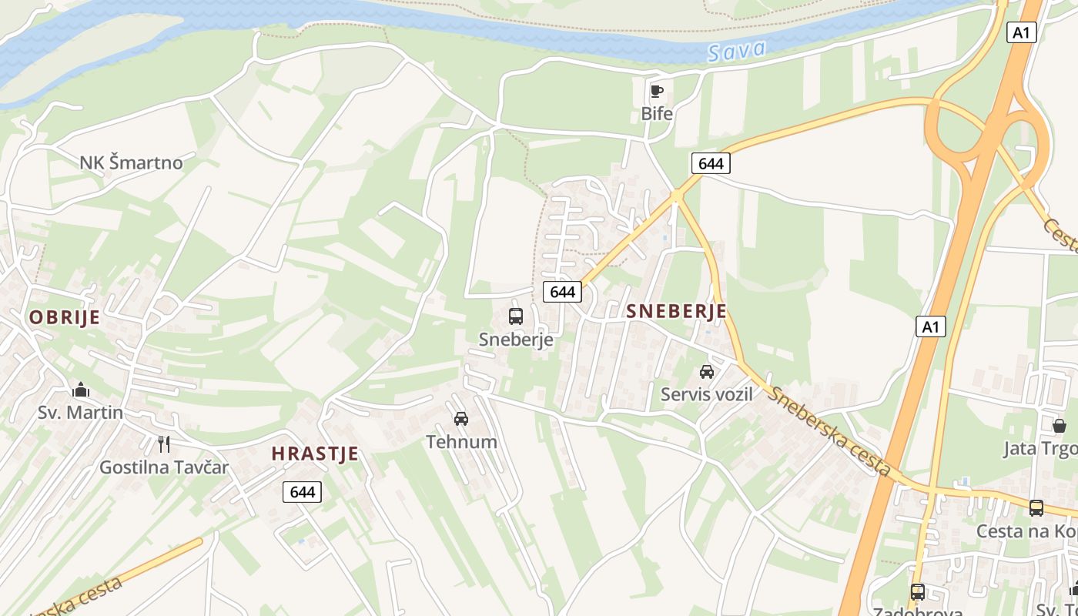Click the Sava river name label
click(737, 52)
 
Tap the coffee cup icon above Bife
click(656, 92)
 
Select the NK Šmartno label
click(132, 162)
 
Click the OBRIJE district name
click(65, 317)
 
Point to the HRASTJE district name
click(315, 454)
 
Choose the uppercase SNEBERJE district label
click(677, 311)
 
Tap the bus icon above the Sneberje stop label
click(516, 316)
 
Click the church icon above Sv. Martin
click(81, 390)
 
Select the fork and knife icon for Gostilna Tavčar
click(163, 444)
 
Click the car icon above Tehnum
click(461, 419)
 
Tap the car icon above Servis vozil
click(706, 372)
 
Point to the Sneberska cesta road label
click(830, 431)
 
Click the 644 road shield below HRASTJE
click(302, 491)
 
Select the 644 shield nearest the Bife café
click(710, 163)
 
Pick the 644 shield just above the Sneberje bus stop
click(563, 292)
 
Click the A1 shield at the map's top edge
click(1021, 32)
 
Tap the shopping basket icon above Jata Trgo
click(1060, 425)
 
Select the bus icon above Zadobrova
click(917, 591)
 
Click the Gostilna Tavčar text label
click(164, 467)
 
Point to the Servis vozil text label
click(706, 394)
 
